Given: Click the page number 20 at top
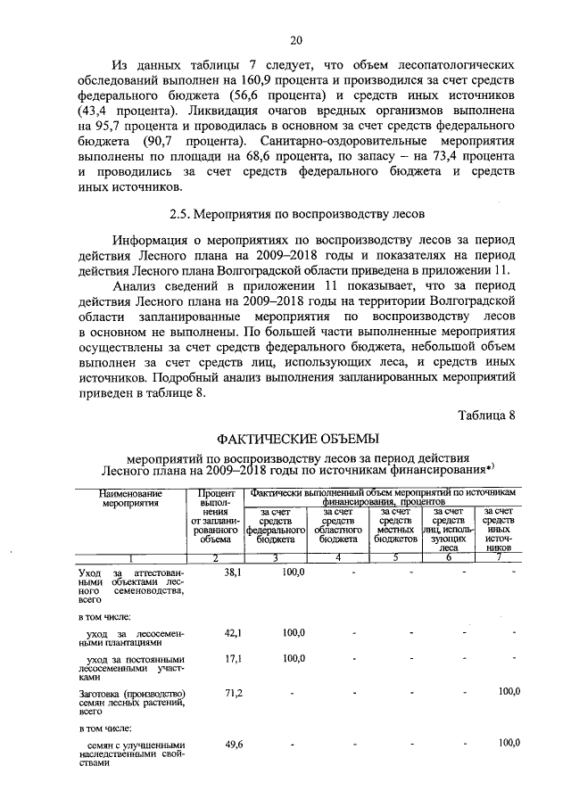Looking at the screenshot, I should pos(296,39).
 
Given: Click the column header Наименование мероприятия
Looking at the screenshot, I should pos(130,498).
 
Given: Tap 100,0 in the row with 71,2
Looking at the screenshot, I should pos(509,693).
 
